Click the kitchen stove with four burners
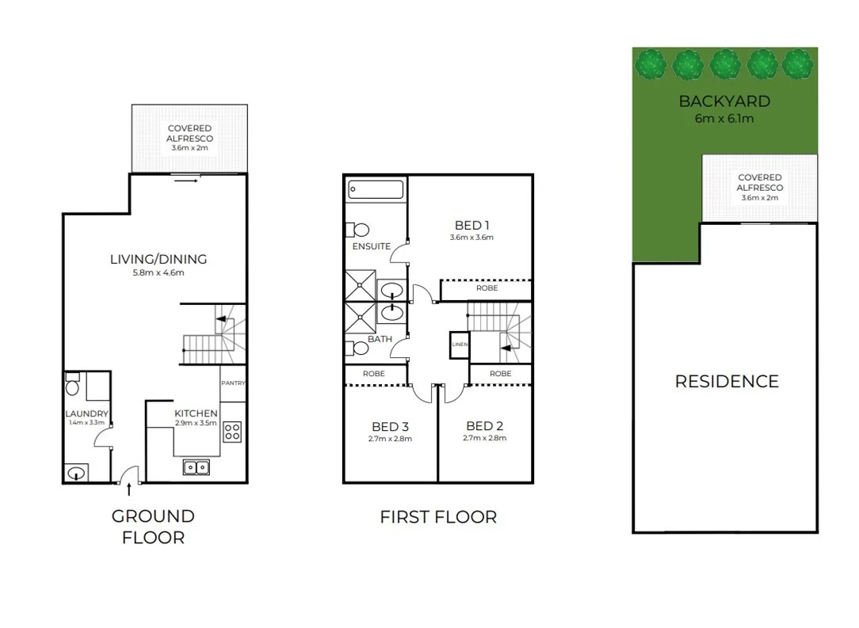pos(232,432)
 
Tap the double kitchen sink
pos(196,467)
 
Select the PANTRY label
pos(233,383)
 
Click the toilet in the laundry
pos(72,386)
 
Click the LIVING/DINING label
pos(158,259)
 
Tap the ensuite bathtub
pos(376,190)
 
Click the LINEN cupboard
pos(460,344)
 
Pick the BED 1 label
pos(471,224)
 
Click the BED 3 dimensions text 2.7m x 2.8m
pos(390,439)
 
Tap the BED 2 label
pos(485,425)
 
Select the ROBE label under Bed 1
pos(487,288)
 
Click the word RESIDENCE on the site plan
pos(726,381)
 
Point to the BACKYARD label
pos(724,101)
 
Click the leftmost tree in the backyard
pos(651,63)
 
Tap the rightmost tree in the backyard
pos(798,63)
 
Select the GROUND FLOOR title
pos(152,527)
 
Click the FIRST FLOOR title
pos(438,517)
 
